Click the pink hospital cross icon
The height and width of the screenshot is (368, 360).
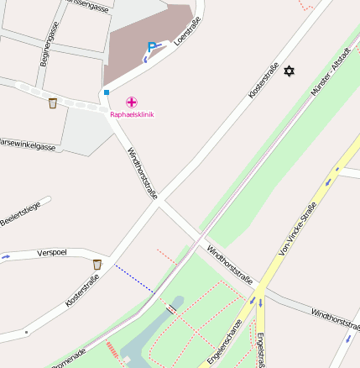(x=132, y=102)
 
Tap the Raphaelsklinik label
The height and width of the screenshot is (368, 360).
(x=132, y=114)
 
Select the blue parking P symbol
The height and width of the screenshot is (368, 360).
(x=151, y=47)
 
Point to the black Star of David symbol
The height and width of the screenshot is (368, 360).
(x=290, y=71)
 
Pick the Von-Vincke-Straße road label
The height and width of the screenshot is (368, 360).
(x=298, y=229)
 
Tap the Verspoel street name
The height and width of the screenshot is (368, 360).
(x=52, y=252)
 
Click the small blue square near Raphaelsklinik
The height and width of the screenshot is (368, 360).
(x=107, y=92)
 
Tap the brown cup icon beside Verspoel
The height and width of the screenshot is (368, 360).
(x=97, y=265)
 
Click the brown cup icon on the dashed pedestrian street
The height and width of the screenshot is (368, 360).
(x=53, y=103)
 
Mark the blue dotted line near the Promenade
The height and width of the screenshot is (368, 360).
(x=133, y=280)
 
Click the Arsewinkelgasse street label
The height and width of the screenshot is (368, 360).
(x=27, y=145)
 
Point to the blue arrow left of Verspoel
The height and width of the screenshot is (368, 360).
(x=6, y=255)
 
